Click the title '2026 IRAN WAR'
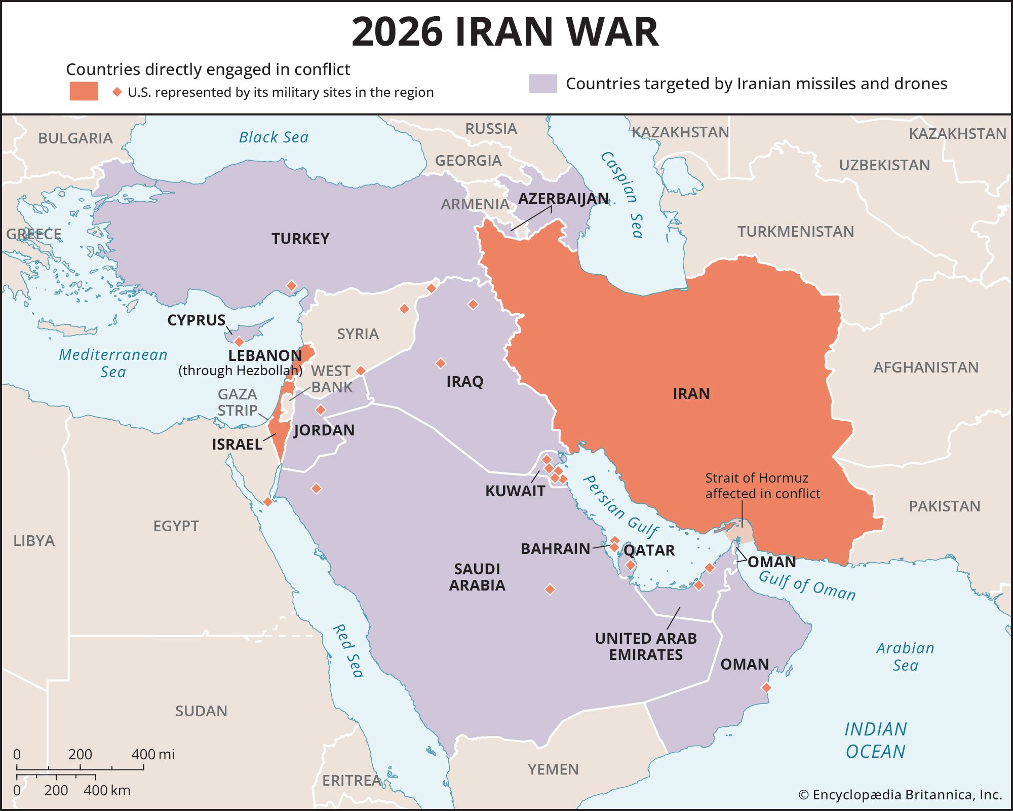click(x=505, y=31)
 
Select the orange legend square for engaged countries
click(x=84, y=91)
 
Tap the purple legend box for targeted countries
click(x=542, y=84)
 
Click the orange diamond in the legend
click(x=117, y=92)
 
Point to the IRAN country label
click(x=691, y=394)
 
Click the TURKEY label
click(x=300, y=238)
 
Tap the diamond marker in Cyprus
click(x=239, y=342)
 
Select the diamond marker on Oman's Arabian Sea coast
click(x=766, y=688)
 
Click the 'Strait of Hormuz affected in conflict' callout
click(x=762, y=486)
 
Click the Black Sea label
click(x=274, y=137)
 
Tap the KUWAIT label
click(x=515, y=491)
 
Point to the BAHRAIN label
click(x=555, y=548)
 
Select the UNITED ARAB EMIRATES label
click(x=646, y=646)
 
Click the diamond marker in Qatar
click(x=630, y=565)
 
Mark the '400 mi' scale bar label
click(x=152, y=754)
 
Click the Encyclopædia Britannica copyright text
click(x=900, y=795)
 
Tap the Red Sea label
click(x=348, y=651)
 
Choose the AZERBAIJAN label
click(x=563, y=198)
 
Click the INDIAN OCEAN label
click(x=875, y=740)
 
